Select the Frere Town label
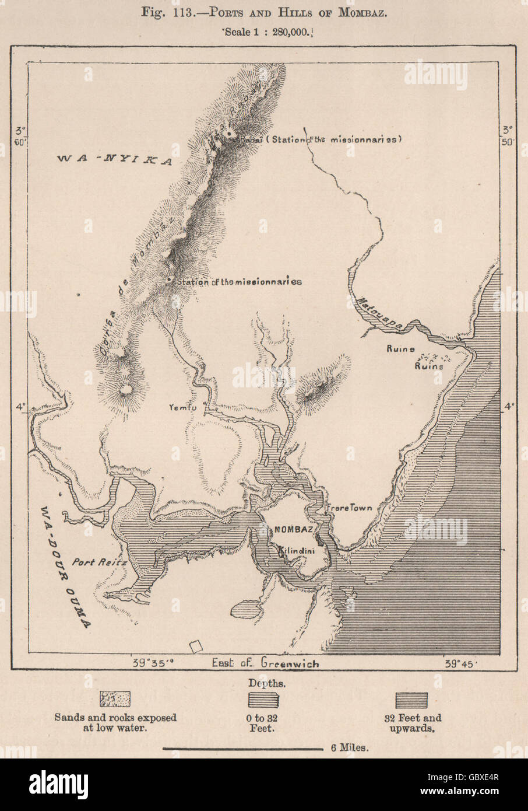tap(348, 508)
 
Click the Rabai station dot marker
tap(229, 134)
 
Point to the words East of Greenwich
tap(265, 663)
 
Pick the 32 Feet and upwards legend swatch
tap(411, 700)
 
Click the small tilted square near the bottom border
tap(196, 646)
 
